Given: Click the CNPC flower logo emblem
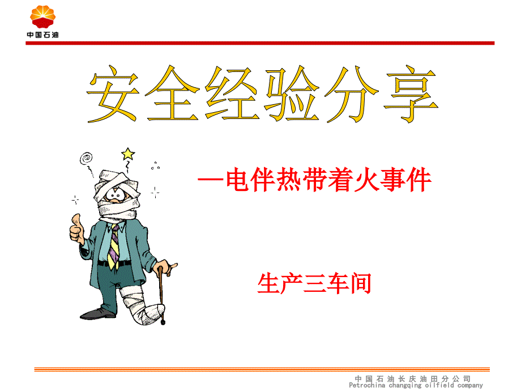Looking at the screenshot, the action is (43, 16).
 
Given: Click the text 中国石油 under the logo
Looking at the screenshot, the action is (43, 35).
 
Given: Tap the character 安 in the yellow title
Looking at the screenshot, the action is (113, 93).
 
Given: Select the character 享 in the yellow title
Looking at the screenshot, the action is (411, 94).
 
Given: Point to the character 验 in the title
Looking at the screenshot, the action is (292, 93).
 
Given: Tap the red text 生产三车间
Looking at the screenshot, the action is (314, 283).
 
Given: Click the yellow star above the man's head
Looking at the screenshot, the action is (128, 154).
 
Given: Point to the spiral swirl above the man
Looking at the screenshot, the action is (86, 158).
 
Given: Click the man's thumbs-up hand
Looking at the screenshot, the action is (77, 229).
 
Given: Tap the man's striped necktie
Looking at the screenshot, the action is (114, 246).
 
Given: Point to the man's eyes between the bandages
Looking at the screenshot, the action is (116, 195).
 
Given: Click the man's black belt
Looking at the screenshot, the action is (114, 263).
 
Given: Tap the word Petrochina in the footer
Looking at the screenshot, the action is (367, 385).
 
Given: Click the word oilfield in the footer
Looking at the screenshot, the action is (439, 385).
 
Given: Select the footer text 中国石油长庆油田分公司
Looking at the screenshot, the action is (413, 379).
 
